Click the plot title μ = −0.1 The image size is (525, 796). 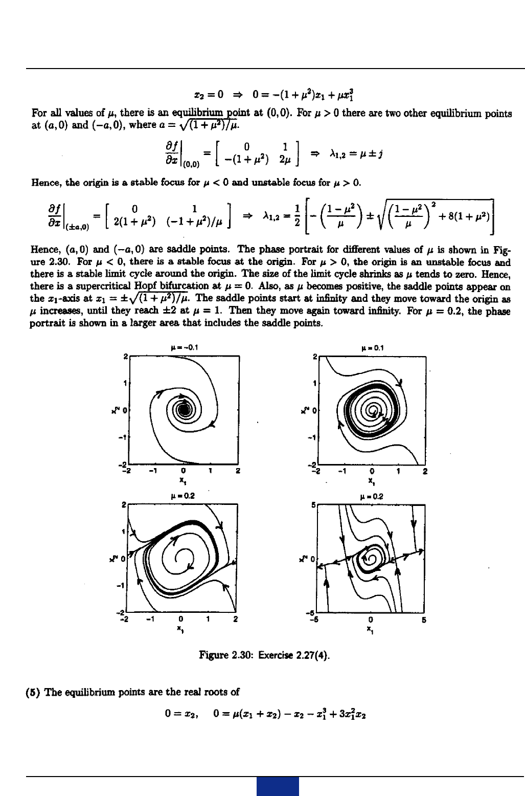(x=184, y=348)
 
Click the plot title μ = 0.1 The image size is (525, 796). (x=372, y=348)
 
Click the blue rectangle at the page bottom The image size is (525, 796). (x=278, y=787)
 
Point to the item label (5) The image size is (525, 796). (x=34, y=692)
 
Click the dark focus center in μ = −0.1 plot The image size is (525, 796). (x=185, y=409)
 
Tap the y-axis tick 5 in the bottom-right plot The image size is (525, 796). (x=313, y=505)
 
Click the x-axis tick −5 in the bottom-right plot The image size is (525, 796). (x=317, y=620)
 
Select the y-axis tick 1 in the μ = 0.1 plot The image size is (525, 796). (x=315, y=383)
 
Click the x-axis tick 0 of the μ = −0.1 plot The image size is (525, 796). (x=183, y=471)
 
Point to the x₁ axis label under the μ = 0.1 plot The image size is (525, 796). (x=372, y=481)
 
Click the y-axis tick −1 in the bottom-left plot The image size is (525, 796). (x=121, y=585)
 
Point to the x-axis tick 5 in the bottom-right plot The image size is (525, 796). (x=424, y=620)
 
